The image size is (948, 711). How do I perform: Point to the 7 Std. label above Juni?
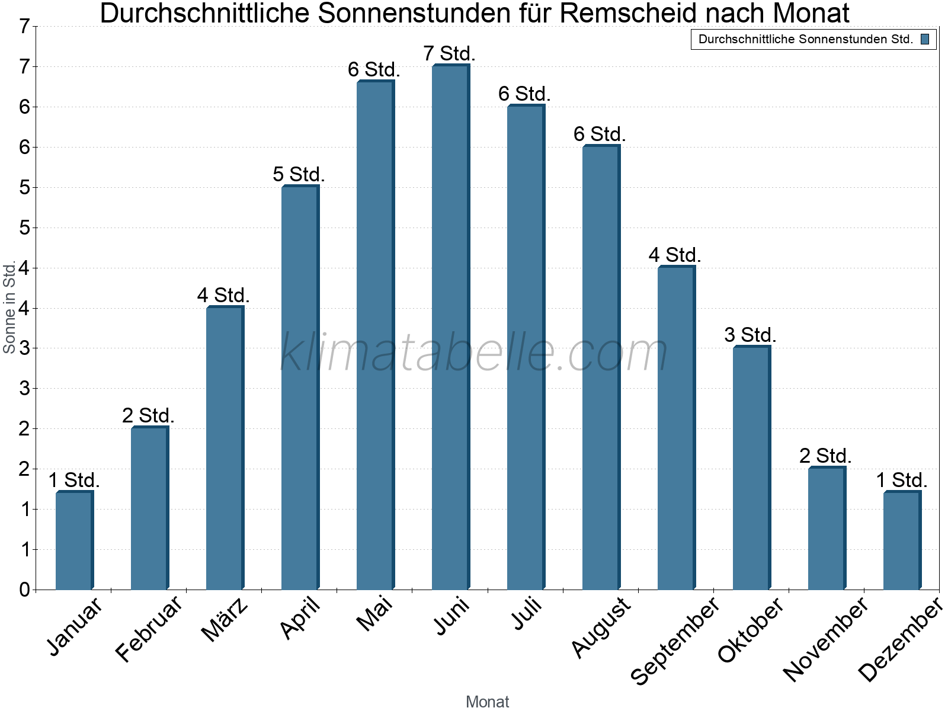(450, 54)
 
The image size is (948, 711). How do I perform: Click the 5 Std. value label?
(299, 175)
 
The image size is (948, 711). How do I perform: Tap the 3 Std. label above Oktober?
(751, 335)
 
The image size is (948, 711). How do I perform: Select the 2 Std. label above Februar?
(149, 416)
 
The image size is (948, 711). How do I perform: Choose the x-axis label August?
(602, 626)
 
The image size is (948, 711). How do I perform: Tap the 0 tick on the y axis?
(24, 590)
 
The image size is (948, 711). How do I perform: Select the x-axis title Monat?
(487, 702)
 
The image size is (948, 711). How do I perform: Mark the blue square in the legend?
(925, 40)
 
